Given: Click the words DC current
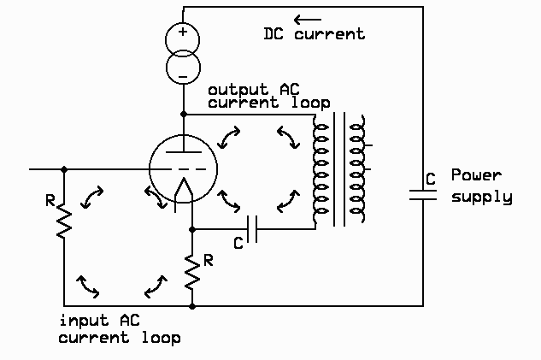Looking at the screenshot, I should (314, 34).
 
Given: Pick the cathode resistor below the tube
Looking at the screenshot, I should (192, 270).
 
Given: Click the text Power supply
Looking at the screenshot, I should (481, 186).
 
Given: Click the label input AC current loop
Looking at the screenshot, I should (119, 329).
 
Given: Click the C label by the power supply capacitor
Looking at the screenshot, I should (432, 179).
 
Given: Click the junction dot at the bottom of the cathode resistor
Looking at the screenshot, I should (192, 305).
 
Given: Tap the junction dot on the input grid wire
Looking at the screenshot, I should (64, 168).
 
